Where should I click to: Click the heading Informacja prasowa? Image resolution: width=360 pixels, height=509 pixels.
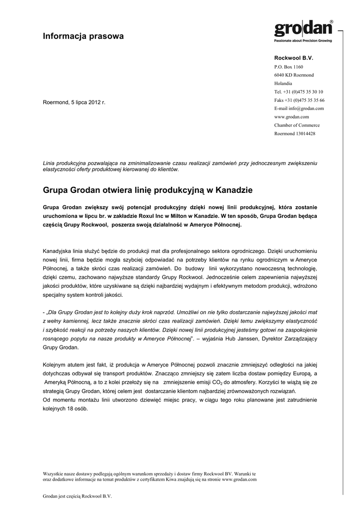click(x=83, y=36)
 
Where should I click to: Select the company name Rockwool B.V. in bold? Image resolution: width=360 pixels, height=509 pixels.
click(x=294, y=58)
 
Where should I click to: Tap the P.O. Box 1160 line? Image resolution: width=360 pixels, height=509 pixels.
click(x=288, y=67)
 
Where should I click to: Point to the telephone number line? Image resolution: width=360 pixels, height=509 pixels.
click(x=298, y=92)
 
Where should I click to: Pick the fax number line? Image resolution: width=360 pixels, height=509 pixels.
click(x=299, y=100)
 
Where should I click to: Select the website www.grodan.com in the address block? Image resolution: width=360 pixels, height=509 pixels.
click(x=291, y=117)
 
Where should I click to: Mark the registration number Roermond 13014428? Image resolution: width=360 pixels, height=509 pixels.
click(x=295, y=134)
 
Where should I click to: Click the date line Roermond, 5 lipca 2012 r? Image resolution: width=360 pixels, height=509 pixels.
click(x=74, y=102)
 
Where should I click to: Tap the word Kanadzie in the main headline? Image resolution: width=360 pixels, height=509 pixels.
click(x=233, y=190)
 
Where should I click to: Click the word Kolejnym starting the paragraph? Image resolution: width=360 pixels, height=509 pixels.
click(x=56, y=365)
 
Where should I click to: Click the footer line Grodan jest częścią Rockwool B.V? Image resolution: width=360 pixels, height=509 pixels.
click(x=77, y=496)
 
